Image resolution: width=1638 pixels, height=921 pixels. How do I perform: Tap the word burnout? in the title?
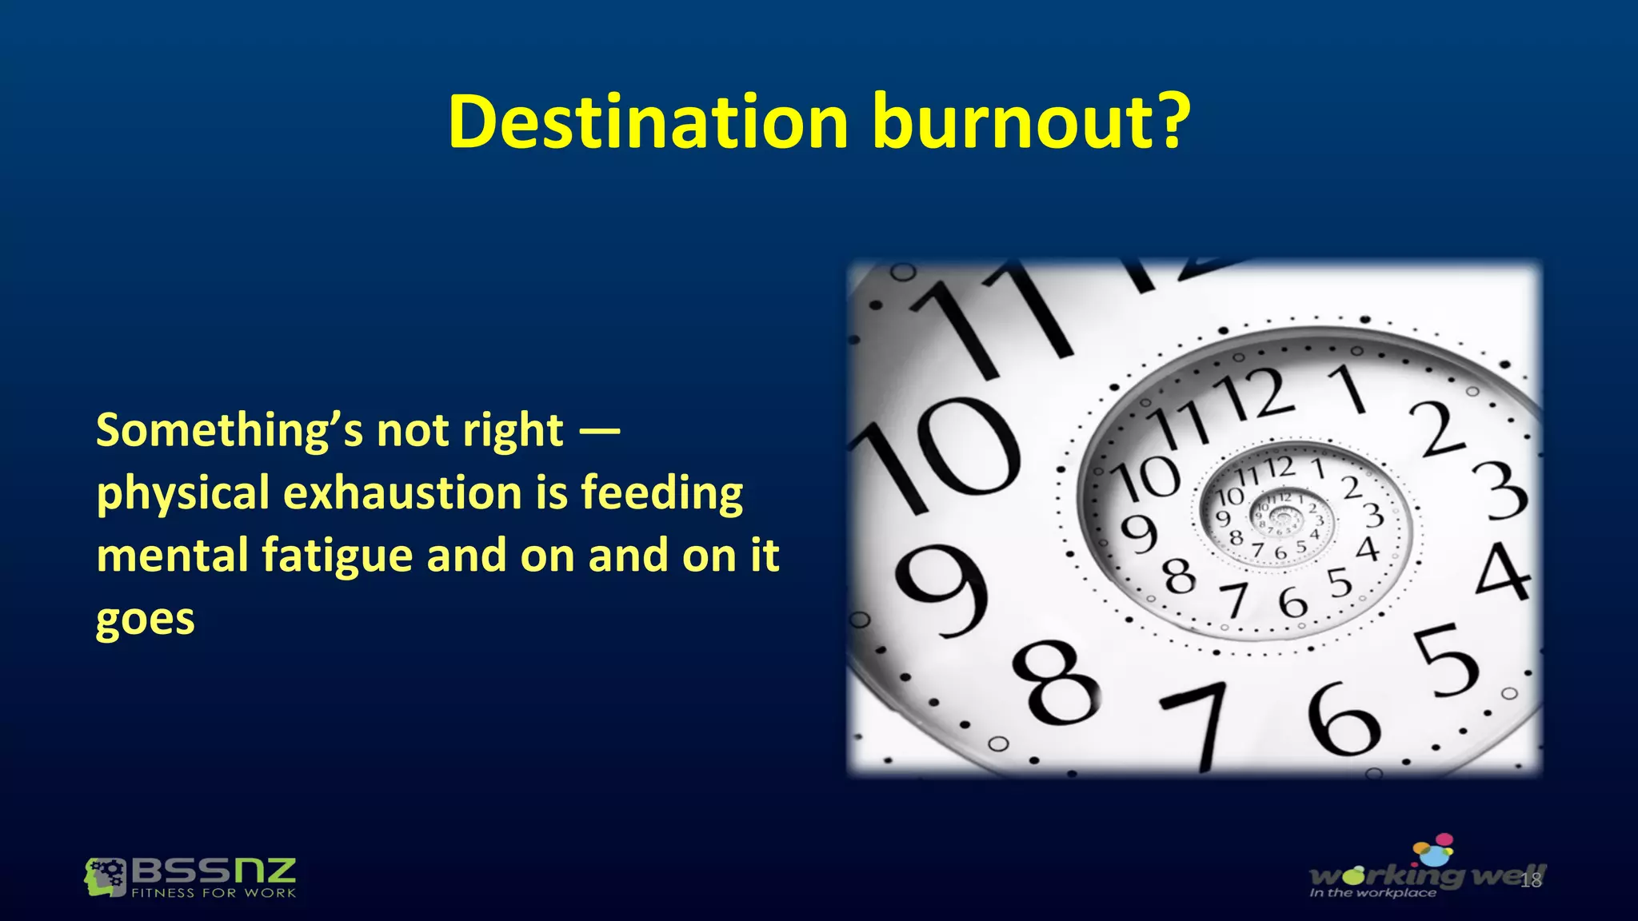1031,122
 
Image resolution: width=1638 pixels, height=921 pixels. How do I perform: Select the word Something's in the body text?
228,432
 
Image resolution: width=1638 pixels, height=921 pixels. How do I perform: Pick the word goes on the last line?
145,619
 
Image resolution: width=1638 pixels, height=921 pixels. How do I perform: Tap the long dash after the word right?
599,432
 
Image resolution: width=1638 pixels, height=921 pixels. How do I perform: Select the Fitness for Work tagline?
214,893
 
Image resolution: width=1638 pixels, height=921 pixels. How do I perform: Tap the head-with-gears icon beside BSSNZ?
105,877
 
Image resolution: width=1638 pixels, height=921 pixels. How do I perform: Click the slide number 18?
1530,881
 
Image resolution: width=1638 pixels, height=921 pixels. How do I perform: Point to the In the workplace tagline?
1372,893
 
